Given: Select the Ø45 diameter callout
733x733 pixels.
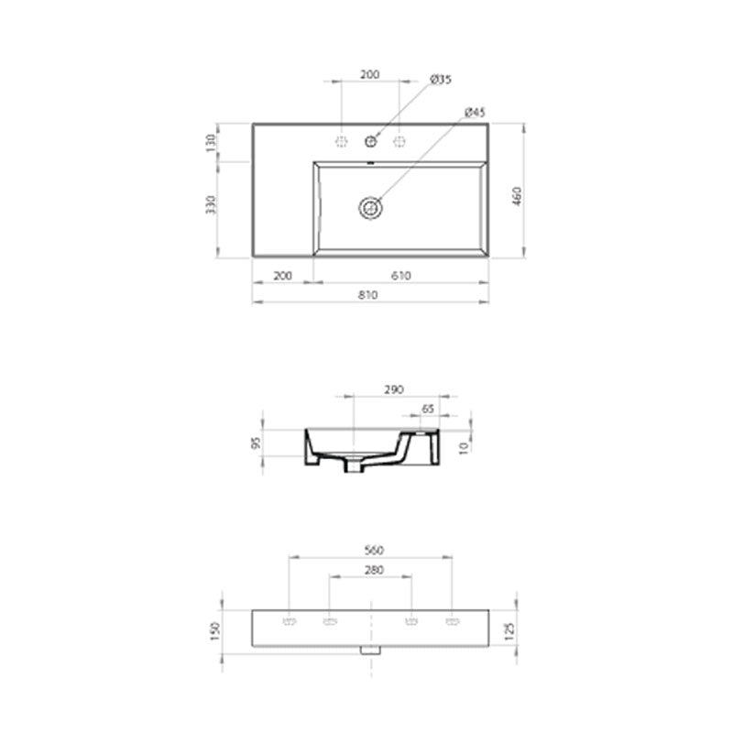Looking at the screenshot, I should [x=475, y=113].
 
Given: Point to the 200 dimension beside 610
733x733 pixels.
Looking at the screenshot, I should [x=282, y=275].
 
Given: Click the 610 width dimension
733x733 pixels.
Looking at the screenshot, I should [x=400, y=275].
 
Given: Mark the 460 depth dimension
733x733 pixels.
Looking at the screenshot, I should [x=516, y=195].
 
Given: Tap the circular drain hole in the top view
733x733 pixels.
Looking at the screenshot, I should [x=371, y=207].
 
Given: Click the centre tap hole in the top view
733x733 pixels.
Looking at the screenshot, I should [x=371, y=141].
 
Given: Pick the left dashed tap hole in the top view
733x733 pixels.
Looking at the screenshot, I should [x=342, y=141].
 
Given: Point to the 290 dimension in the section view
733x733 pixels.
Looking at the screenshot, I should [x=394, y=389].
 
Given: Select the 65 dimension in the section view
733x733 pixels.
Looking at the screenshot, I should [x=428, y=409].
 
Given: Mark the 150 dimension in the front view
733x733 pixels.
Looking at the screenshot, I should [x=215, y=630].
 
